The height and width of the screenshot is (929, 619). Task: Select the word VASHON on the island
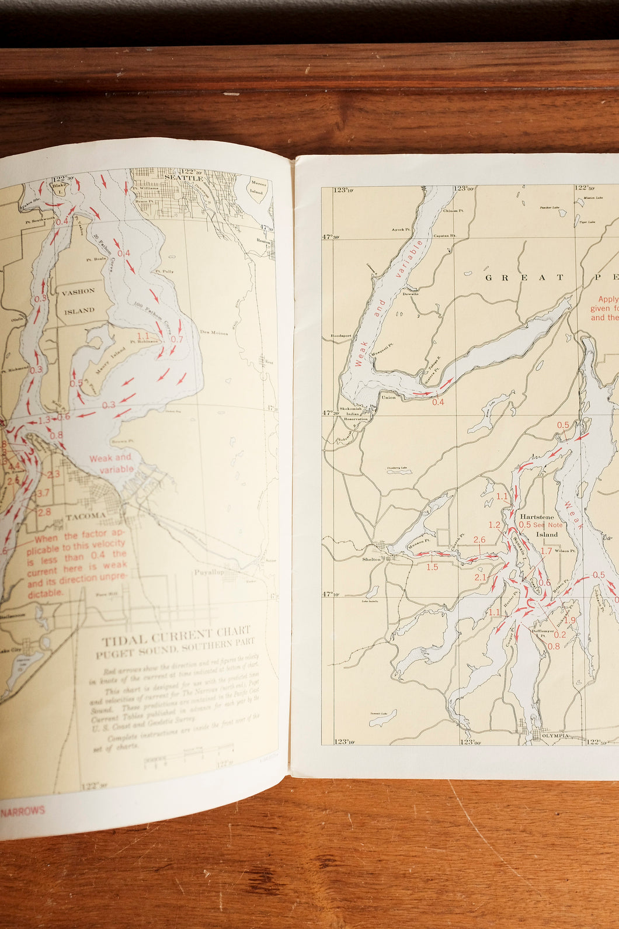tap(78, 291)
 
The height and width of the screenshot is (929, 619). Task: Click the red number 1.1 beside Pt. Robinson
tap(143, 336)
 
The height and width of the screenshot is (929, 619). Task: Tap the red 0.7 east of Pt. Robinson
tap(177, 339)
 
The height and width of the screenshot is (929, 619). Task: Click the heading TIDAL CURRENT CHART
tap(176, 635)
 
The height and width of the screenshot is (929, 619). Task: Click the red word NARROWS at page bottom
tap(23, 811)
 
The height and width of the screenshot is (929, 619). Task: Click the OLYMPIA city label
tap(555, 736)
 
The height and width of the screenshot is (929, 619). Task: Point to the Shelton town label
tap(371, 559)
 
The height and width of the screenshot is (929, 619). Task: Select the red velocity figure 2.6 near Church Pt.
tap(479, 540)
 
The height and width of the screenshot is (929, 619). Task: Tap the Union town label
tap(388, 397)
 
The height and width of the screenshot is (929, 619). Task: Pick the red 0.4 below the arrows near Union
tap(437, 402)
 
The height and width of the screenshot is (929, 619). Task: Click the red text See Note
tap(548, 525)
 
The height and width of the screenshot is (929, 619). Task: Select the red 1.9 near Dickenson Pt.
tap(570, 621)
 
